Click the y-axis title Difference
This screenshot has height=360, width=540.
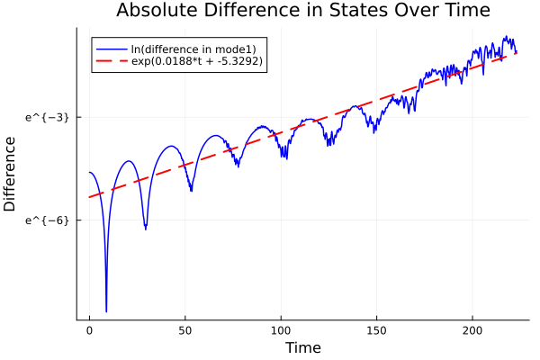[x=11, y=174]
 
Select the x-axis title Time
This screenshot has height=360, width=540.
[x=302, y=347]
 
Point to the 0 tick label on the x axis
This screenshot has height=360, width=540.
[x=89, y=331]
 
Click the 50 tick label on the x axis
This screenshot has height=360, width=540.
[x=185, y=331]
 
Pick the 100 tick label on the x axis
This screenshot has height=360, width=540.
[x=281, y=331]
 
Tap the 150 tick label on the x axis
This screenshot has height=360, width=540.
[x=377, y=331]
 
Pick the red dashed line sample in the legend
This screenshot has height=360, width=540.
[x=112, y=61]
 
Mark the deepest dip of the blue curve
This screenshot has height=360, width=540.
[x=106, y=311]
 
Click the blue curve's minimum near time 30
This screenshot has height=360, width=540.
[x=145, y=229]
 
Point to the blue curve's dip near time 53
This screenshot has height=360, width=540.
[x=191, y=190]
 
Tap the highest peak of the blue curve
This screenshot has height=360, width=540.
[x=507, y=37]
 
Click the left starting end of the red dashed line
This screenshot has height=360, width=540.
[x=90, y=197]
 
